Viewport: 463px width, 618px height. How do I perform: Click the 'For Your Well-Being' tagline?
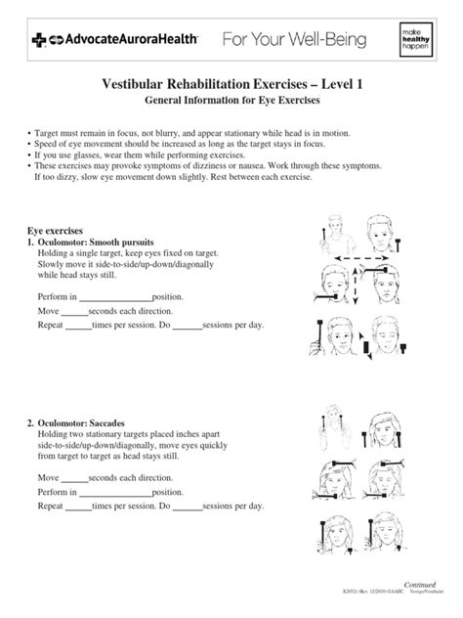click(294, 40)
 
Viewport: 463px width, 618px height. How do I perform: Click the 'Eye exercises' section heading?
click(56, 227)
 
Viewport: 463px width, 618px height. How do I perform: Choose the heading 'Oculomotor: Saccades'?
click(89, 422)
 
